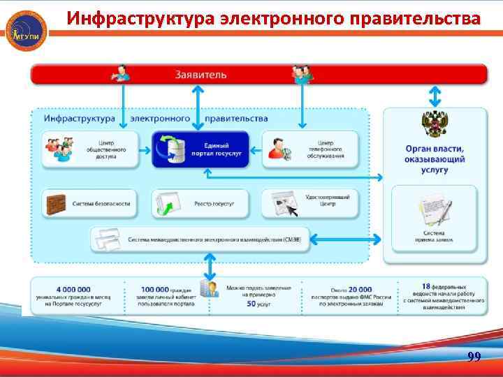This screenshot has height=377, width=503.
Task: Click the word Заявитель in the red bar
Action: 201,74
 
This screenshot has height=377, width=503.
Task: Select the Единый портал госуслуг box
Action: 201,149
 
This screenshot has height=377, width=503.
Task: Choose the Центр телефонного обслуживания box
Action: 310,149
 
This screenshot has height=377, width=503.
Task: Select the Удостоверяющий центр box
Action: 310,203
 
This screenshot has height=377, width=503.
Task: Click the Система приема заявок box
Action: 434,216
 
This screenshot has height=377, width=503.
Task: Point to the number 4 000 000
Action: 73,289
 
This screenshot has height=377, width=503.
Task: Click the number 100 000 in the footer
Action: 155,289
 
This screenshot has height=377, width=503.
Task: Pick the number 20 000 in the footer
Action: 360,289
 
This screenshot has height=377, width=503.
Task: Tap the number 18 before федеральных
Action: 426,286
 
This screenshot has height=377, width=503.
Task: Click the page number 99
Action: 474,357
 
